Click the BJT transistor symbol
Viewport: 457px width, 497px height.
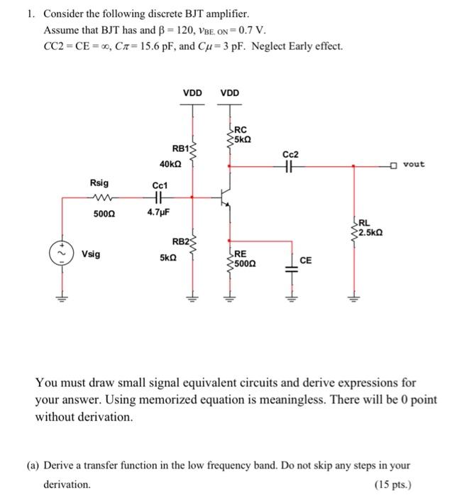(224, 199)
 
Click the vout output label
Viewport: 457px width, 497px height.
(413, 165)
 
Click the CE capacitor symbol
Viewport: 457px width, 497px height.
(290, 263)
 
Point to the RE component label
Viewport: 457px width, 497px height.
(241, 253)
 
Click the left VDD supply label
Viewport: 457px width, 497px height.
(192, 92)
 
